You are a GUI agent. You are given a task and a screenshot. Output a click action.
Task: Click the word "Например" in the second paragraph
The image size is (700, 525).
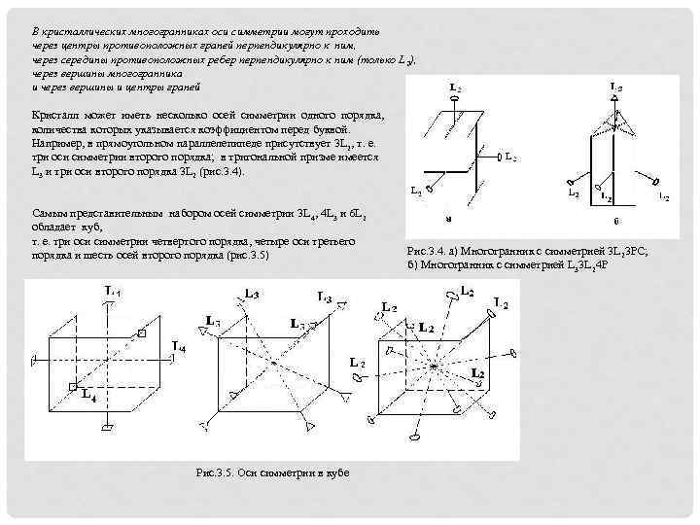pos(54,143)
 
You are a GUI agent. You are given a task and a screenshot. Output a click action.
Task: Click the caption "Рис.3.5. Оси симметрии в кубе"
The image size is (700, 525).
pos(272,472)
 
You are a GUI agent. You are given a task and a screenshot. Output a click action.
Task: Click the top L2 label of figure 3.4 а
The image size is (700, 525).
pos(456,86)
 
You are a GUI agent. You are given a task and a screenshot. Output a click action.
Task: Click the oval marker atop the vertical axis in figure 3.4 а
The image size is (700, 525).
pos(455,101)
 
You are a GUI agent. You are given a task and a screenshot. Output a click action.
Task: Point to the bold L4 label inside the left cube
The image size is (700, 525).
pos(88,395)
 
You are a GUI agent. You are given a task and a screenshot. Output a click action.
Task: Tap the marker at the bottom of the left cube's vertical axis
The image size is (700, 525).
pos(115,428)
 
